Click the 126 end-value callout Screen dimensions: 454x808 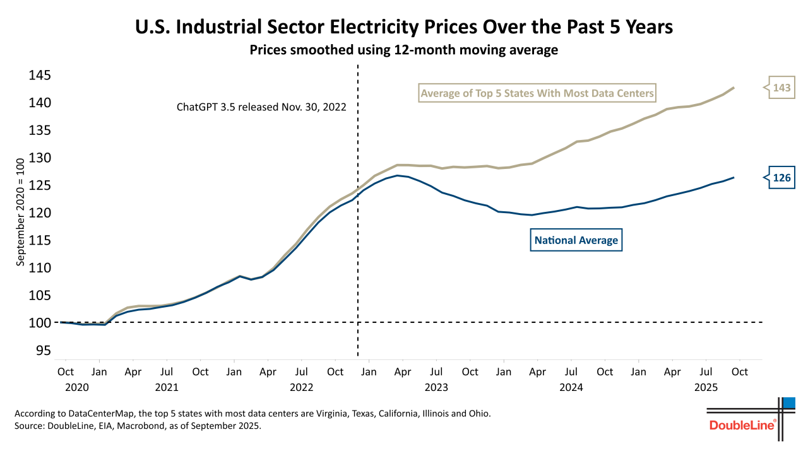click(x=781, y=178)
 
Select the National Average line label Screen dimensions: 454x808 click(x=576, y=240)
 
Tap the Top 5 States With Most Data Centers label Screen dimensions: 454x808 click(x=537, y=94)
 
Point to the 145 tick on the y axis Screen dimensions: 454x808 click(x=40, y=76)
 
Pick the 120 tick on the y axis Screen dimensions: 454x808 click(x=40, y=213)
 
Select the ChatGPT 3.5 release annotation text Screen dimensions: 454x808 click(x=261, y=107)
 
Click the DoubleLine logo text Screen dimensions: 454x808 click(x=742, y=425)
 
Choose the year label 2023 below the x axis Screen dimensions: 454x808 click(x=436, y=387)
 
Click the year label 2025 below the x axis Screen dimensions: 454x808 click(x=706, y=387)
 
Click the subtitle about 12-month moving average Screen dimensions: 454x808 click(x=404, y=50)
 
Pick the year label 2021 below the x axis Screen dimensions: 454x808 click(x=167, y=387)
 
